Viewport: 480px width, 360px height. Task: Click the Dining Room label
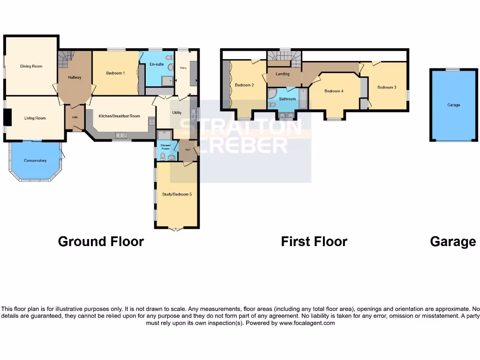pos(31,66)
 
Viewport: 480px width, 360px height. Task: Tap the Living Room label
pos(35,118)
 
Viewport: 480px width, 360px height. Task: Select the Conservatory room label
pos(35,161)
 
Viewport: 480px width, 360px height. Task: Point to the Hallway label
pos(75,77)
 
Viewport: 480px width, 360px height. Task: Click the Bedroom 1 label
pos(115,73)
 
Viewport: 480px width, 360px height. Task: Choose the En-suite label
pos(157,64)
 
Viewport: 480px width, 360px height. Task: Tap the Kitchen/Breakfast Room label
pos(119,116)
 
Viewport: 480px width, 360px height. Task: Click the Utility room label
pos(177,113)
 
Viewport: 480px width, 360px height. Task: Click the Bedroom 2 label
pos(244,85)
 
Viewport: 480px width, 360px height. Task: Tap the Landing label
pos(283,74)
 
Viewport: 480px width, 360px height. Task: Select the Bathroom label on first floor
pos(287,99)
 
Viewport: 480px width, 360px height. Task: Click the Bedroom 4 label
pos(334,91)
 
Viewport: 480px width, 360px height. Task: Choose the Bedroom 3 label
pos(387,87)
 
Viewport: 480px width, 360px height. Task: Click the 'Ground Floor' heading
pos(101,241)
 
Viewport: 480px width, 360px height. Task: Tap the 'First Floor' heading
pos(314,241)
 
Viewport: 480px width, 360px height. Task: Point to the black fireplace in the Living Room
pos(7,117)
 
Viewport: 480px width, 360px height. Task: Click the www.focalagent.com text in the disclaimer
pos(307,323)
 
